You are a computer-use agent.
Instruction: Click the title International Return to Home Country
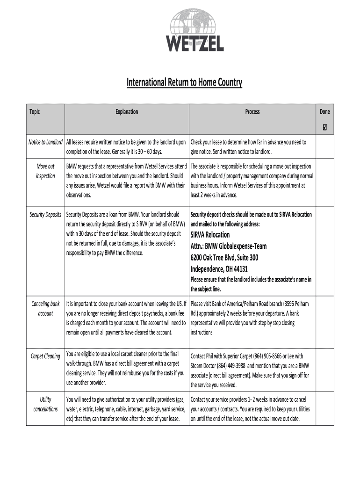185,83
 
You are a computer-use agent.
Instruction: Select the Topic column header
35,112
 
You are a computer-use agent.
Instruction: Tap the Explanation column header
127,112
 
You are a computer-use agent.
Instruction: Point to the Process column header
252,112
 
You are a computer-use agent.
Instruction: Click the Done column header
324,112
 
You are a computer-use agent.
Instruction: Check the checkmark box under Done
324,127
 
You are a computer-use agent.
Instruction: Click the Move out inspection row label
45,171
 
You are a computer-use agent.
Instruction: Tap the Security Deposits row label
45,215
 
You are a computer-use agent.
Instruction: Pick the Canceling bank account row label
45,309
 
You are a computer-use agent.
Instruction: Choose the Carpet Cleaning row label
45,356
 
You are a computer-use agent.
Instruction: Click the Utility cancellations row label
45,404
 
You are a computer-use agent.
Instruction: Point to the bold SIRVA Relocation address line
210,235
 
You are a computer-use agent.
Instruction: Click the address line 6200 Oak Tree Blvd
224,258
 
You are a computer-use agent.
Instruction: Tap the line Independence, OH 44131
219,269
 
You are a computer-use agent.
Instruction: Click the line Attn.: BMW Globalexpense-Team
229,247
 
